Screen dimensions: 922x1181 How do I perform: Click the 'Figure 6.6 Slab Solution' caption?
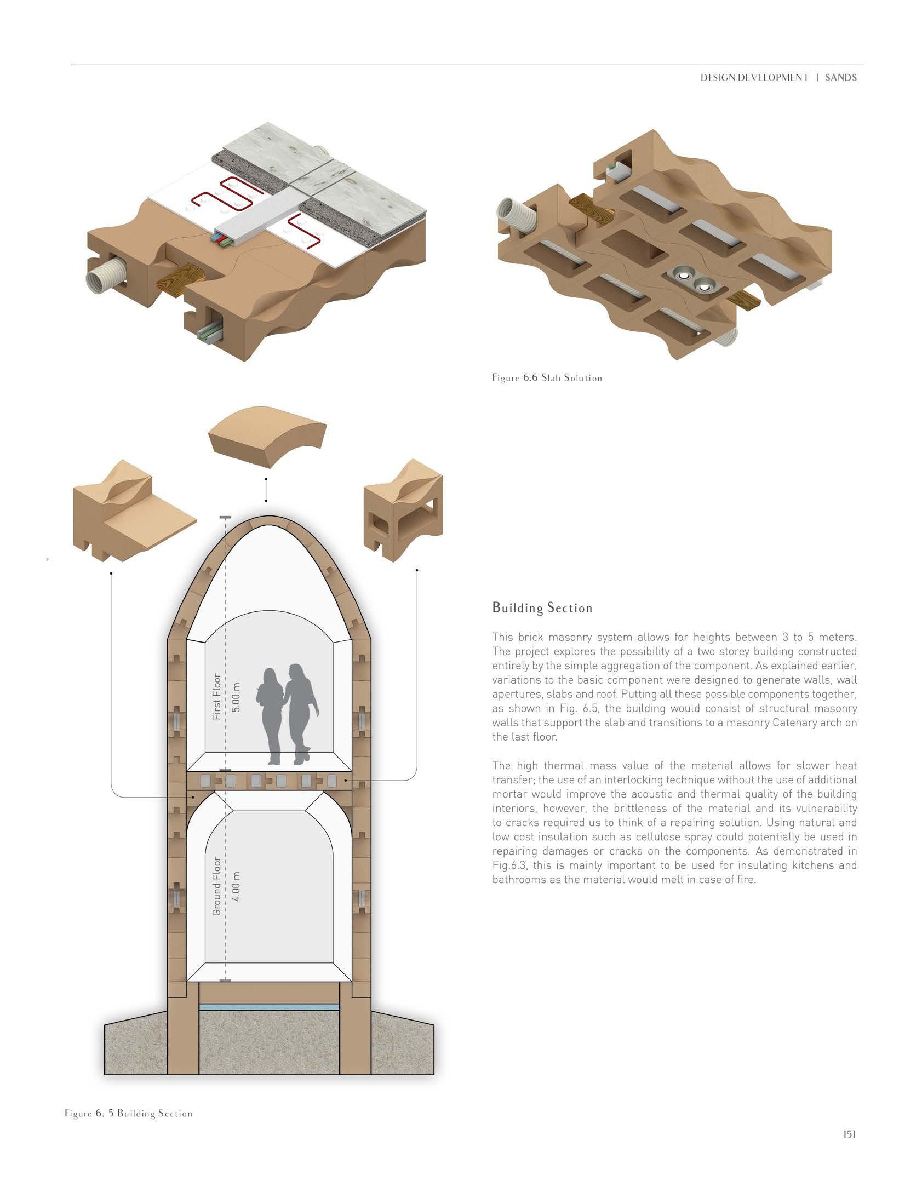(x=547, y=378)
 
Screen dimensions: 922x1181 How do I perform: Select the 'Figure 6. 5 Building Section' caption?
(x=128, y=1113)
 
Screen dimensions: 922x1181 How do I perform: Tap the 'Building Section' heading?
(x=542, y=608)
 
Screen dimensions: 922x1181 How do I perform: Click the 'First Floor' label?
(x=217, y=696)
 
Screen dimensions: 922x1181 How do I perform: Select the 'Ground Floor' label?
(x=217, y=886)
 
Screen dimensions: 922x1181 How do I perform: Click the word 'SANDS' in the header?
(x=841, y=78)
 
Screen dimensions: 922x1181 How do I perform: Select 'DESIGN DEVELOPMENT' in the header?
(x=754, y=78)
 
